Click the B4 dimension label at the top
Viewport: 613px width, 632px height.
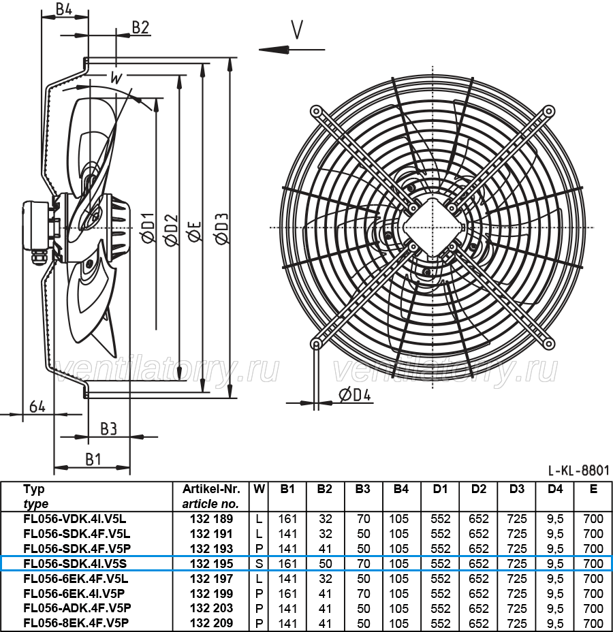(x=64, y=8)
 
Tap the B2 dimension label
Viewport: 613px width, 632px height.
(x=141, y=27)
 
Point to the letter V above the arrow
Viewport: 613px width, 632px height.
(x=297, y=29)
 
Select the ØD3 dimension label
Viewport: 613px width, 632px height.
(x=221, y=229)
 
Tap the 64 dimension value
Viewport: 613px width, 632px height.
(x=37, y=407)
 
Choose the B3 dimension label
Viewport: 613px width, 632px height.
(x=108, y=429)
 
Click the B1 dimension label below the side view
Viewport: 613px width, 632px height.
(x=93, y=459)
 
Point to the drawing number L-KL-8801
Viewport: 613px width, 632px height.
(x=578, y=470)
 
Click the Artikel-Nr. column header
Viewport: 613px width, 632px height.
(x=211, y=489)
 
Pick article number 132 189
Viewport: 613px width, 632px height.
(x=211, y=519)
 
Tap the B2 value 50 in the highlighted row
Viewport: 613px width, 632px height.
(x=325, y=563)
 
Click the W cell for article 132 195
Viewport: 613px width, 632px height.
(x=259, y=563)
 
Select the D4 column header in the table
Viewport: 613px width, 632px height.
(x=555, y=489)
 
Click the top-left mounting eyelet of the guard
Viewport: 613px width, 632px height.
(x=316, y=111)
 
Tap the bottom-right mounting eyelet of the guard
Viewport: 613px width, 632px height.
(x=548, y=344)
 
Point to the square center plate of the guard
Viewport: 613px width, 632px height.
(x=433, y=227)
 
